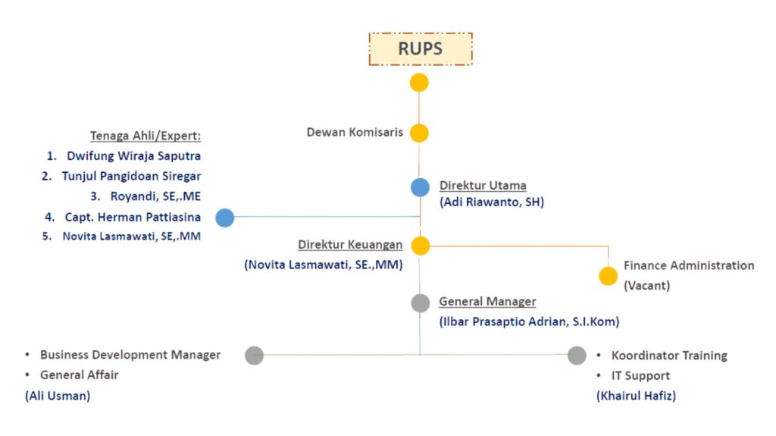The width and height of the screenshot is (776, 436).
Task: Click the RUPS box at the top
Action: pos(421,49)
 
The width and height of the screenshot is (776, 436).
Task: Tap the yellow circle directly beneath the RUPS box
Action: pos(419,83)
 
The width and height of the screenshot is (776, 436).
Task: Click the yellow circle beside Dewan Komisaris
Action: pos(419,133)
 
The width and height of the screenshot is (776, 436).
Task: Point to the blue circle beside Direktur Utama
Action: pos(421,187)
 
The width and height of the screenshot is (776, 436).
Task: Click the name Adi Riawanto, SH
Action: pos(492,202)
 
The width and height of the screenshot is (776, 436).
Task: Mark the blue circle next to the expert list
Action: pos(224,218)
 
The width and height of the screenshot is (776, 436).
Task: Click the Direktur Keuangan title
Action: pos(350,245)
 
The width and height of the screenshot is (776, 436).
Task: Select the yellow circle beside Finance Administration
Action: pos(608,276)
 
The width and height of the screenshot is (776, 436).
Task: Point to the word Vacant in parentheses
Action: pos(646,286)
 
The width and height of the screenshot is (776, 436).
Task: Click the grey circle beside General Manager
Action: pos(421,303)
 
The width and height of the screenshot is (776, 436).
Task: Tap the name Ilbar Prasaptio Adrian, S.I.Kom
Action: pos(529,322)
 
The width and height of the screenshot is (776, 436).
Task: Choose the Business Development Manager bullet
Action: pos(130,355)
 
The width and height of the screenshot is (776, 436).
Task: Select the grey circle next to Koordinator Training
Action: pos(577,355)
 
